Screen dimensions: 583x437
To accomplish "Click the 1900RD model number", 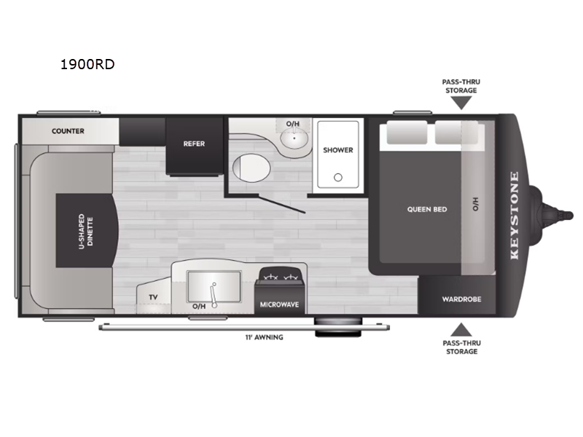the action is pyautogui.click(x=87, y=64).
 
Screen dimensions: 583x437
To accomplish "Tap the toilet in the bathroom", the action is pyautogui.click(x=251, y=168).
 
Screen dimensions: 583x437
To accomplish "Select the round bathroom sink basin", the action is pyautogui.click(x=294, y=138).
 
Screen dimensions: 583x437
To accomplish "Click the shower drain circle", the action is pyautogui.click(x=338, y=178).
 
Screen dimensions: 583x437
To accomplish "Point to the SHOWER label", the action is pyautogui.click(x=338, y=150).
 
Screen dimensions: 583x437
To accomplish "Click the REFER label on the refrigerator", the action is pyautogui.click(x=194, y=143).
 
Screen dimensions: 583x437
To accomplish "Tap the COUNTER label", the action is pyautogui.click(x=68, y=131).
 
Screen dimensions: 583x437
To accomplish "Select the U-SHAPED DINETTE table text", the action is pyautogui.click(x=86, y=231).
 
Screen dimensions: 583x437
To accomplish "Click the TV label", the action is pyautogui.click(x=153, y=297).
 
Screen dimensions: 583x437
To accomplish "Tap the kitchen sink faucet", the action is pyautogui.click(x=213, y=295).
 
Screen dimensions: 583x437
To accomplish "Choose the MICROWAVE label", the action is pyautogui.click(x=279, y=304).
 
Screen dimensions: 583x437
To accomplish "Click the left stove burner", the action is pyautogui.click(x=270, y=277).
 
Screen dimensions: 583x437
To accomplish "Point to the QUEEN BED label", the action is pyautogui.click(x=427, y=210).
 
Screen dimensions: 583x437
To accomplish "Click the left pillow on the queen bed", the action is pyautogui.click(x=407, y=133).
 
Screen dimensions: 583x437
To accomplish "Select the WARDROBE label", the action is pyautogui.click(x=461, y=299).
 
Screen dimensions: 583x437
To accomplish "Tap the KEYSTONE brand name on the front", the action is pyautogui.click(x=514, y=215).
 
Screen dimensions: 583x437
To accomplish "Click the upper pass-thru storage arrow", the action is pyautogui.click(x=461, y=103).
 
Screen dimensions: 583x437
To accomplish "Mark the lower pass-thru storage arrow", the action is pyautogui.click(x=461, y=330).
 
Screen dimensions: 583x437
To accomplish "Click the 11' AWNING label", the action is pyautogui.click(x=264, y=337).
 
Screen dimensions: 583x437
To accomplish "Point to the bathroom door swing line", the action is pyautogui.click(x=282, y=205).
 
